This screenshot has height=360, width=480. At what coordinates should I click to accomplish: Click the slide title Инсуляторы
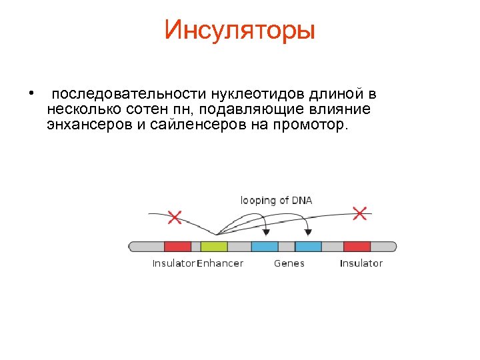(x=239, y=30)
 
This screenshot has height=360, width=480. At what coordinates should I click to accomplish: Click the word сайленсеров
(x=197, y=125)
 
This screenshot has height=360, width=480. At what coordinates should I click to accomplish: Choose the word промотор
(x=308, y=125)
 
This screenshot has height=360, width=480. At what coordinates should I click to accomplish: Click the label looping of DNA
(x=276, y=200)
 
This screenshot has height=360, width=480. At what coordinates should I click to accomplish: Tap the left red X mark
(x=175, y=217)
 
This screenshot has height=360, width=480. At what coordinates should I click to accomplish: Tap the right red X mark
(x=359, y=213)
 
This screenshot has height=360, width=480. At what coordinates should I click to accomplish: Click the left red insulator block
(x=177, y=246)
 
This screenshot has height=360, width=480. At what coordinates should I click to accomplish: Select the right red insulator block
(x=357, y=246)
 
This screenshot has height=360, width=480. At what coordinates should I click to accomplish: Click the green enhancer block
(x=213, y=246)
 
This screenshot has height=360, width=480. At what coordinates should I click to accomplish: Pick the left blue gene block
(x=265, y=246)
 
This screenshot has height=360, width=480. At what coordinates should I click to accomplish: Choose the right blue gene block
(x=308, y=246)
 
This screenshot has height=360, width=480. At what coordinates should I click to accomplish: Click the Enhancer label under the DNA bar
(x=220, y=263)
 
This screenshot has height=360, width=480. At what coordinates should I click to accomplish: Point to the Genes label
(x=289, y=263)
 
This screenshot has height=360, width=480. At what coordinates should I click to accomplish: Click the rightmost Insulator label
(x=361, y=263)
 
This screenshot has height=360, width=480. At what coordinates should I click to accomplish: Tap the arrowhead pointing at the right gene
(x=308, y=232)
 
